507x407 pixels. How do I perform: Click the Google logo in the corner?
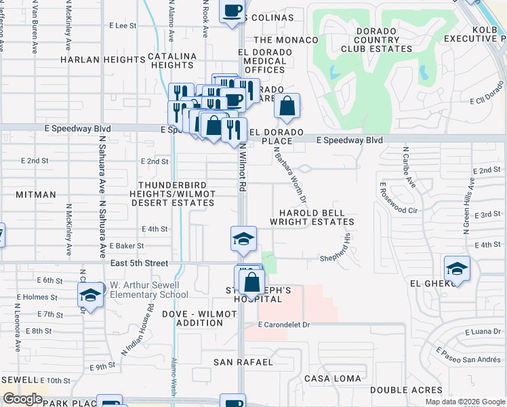tap(23, 399)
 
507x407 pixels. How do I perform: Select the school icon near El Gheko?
tap(457, 269)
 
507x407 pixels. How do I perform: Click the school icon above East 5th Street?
tap(243, 239)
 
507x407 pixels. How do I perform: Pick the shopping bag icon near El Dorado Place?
tap(287, 106)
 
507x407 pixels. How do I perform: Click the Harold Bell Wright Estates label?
tap(312, 217)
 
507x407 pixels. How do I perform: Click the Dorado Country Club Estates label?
tap(368, 40)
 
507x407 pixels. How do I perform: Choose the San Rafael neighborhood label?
tap(243, 362)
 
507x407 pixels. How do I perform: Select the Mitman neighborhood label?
tap(36, 195)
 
